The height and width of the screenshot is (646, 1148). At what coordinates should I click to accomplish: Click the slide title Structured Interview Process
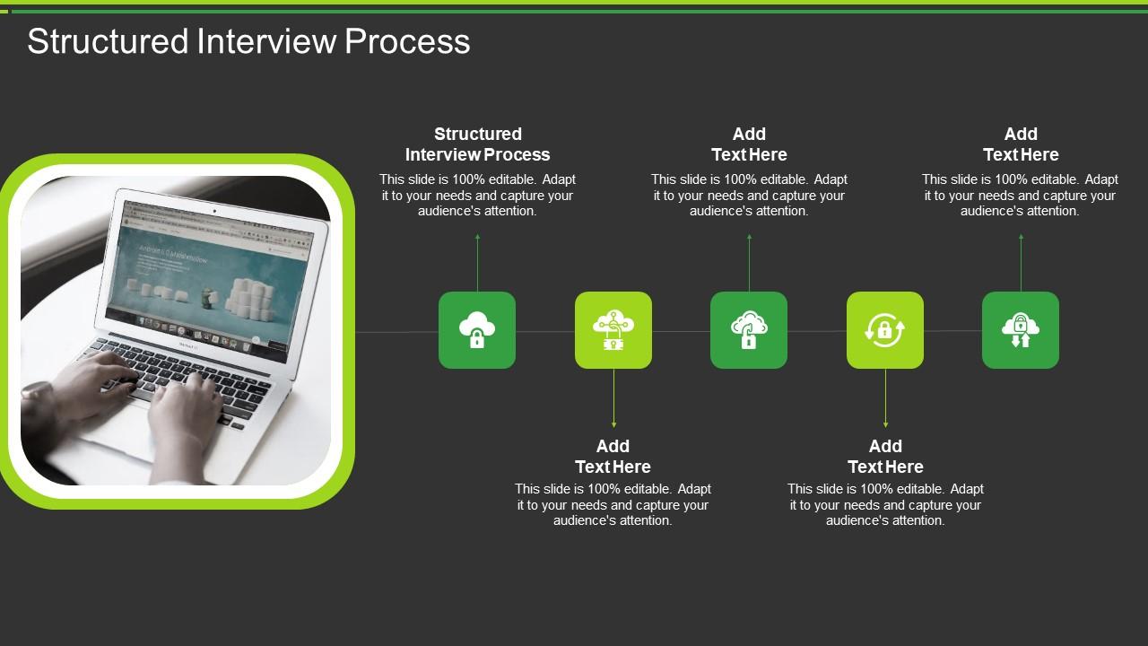(x=248, y=41)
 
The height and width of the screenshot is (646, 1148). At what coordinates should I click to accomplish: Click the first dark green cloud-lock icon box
(x=477, y=330)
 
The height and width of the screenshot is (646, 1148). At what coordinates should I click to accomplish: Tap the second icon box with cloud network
(x=613, y=330)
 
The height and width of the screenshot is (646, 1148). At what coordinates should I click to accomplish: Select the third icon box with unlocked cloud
(x=749, y=330)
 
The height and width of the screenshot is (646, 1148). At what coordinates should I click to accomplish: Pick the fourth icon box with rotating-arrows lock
(x=885, y=330)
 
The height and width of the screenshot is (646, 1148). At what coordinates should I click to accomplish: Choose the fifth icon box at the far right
(x=1021, y=330)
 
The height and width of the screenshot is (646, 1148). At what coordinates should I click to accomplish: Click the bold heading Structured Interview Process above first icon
(x=477, y=144)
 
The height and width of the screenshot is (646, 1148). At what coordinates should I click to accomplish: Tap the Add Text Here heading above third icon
(x=749, y=144)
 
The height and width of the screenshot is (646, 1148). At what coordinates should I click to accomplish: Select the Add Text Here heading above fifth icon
(x=1021, y=144)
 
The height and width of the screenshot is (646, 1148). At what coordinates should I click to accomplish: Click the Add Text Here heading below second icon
(x=613, y=457)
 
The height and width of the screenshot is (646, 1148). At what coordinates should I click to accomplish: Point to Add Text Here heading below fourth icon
(x=885, y=457)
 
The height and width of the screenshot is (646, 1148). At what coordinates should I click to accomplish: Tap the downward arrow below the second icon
(x=613, y=398)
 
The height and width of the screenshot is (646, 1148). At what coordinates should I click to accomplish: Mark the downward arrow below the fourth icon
(x=885, y=398)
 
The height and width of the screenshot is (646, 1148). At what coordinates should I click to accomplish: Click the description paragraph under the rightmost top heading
(x=1021, y=196)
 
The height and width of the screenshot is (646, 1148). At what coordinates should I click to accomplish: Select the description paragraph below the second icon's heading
(x=613, y=505)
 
